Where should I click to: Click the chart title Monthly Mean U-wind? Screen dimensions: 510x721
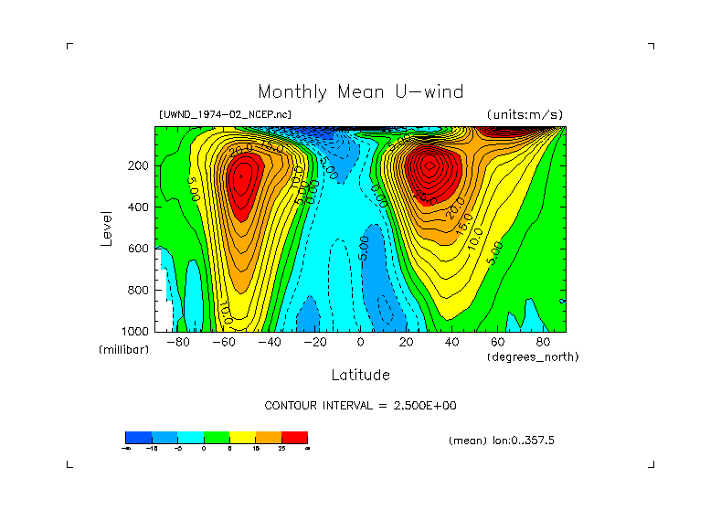click(x=360, y=92)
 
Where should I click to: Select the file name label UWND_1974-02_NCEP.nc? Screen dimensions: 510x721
click(x=225, y=115)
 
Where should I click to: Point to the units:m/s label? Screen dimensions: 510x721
click(x=525, y=115)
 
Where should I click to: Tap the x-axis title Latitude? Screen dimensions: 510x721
click(x=360, y=375)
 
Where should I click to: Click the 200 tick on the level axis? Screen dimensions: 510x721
click(x=139, y=165)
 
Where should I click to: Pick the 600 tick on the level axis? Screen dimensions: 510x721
click(x=139, y=248)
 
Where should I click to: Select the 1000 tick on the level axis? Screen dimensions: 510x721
click(x=136, y=330)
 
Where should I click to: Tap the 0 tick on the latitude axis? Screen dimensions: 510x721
click(x=360, y=343)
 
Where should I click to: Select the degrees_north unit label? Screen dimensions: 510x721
click(x=533, y=356)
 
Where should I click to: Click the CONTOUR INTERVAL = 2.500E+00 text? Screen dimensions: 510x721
click(x=360, y=405)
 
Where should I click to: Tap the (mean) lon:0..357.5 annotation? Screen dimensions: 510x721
click(x=502, y=441)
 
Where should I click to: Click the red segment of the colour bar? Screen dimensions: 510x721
click(x=294, y=437)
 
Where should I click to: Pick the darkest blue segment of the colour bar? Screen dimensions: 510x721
click(x=137, y=437)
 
